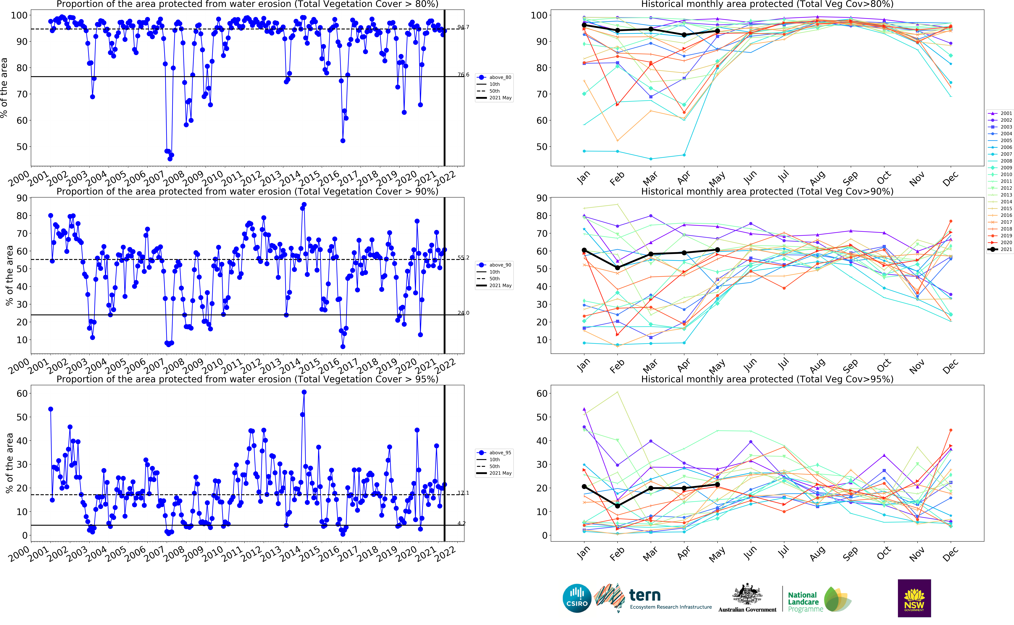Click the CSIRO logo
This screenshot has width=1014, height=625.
(x=577, y=598)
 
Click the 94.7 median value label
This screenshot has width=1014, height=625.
(x=463, y=27)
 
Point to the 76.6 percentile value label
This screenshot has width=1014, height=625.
(x=463, y=75)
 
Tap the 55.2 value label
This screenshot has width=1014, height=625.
(x=463, y=258)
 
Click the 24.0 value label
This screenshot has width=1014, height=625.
(x=463, y=313)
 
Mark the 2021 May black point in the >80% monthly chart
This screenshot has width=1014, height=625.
(x=717, y=31)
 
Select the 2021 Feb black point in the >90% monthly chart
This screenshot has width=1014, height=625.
(x=617, y=268)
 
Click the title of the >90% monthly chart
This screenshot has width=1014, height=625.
(x=767, y=191)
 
